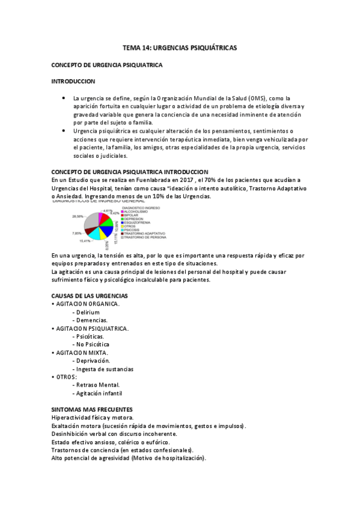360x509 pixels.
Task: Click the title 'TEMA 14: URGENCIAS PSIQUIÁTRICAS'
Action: click(x=180, y=46)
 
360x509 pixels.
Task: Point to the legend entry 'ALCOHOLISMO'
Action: click(x=138, y=211)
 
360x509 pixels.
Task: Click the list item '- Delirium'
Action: click(x=86, y=312)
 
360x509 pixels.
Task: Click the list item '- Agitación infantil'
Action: click(x=97, y=393)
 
